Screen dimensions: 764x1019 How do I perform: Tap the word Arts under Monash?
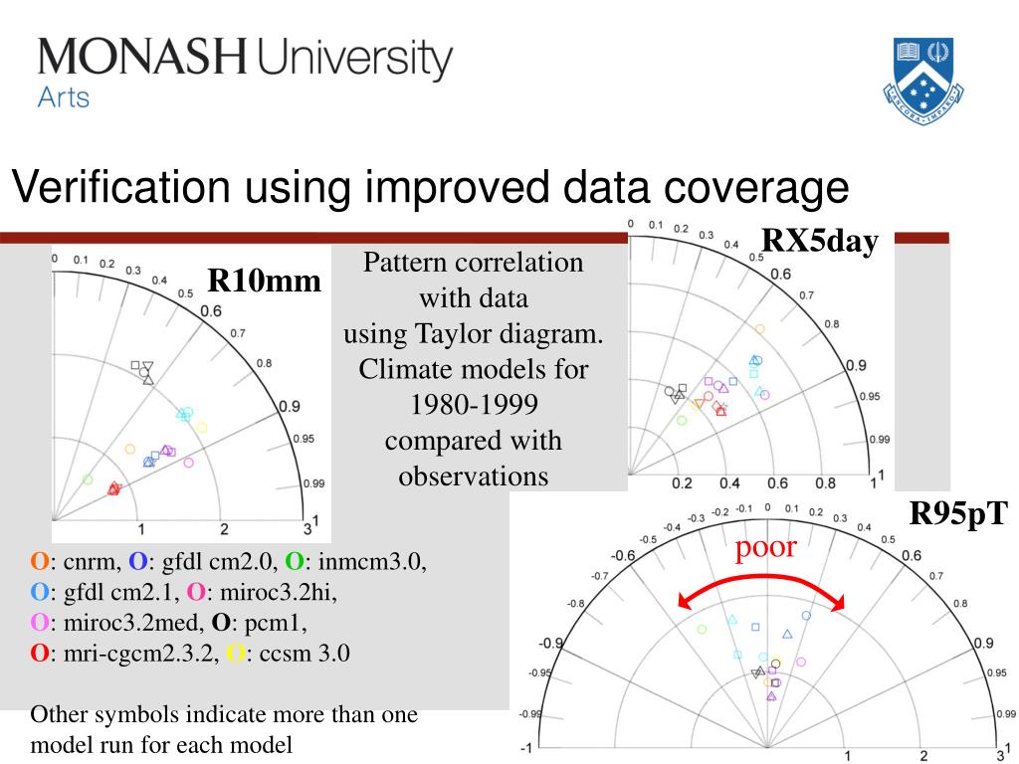(x=64, y=97)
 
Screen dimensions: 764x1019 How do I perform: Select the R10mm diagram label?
(x=264, y=283)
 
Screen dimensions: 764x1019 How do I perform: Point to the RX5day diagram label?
(x=820, y=242)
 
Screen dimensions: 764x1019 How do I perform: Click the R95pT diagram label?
(x=958, y=514)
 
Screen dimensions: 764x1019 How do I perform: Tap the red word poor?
(x=766, y=546)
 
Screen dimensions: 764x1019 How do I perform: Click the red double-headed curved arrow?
(x=760, y=586)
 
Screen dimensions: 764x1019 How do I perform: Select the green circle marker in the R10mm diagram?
(x=88, y=479)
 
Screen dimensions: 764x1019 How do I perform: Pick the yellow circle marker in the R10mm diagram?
(x=201, y=428)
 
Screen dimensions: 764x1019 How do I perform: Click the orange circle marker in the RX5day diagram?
(x=760, y=328)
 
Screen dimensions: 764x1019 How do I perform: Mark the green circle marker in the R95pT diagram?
(x=702, y=629)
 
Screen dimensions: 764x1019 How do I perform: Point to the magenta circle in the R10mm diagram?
(x=189, y=462)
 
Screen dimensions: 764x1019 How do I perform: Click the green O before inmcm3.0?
(x=295, y=563)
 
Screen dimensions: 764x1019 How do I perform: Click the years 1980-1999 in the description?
(x=473, y=405)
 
